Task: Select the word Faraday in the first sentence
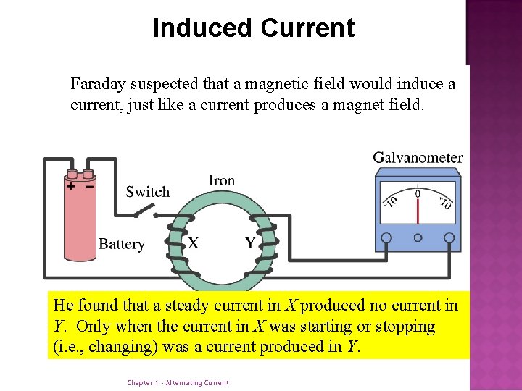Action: (97, 84)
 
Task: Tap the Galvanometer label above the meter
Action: (418, 158)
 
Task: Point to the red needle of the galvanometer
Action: (418, 209)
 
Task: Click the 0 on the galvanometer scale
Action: (418, 193)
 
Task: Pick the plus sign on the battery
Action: (71, 187)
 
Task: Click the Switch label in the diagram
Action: (147, 192)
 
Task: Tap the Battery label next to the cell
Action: (121, 244)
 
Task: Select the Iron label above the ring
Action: (221, 180)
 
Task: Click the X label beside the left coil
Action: (194, 243)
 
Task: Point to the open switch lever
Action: (145, 209)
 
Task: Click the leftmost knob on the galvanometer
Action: (386, 237)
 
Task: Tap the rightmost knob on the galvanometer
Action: (449, 237)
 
